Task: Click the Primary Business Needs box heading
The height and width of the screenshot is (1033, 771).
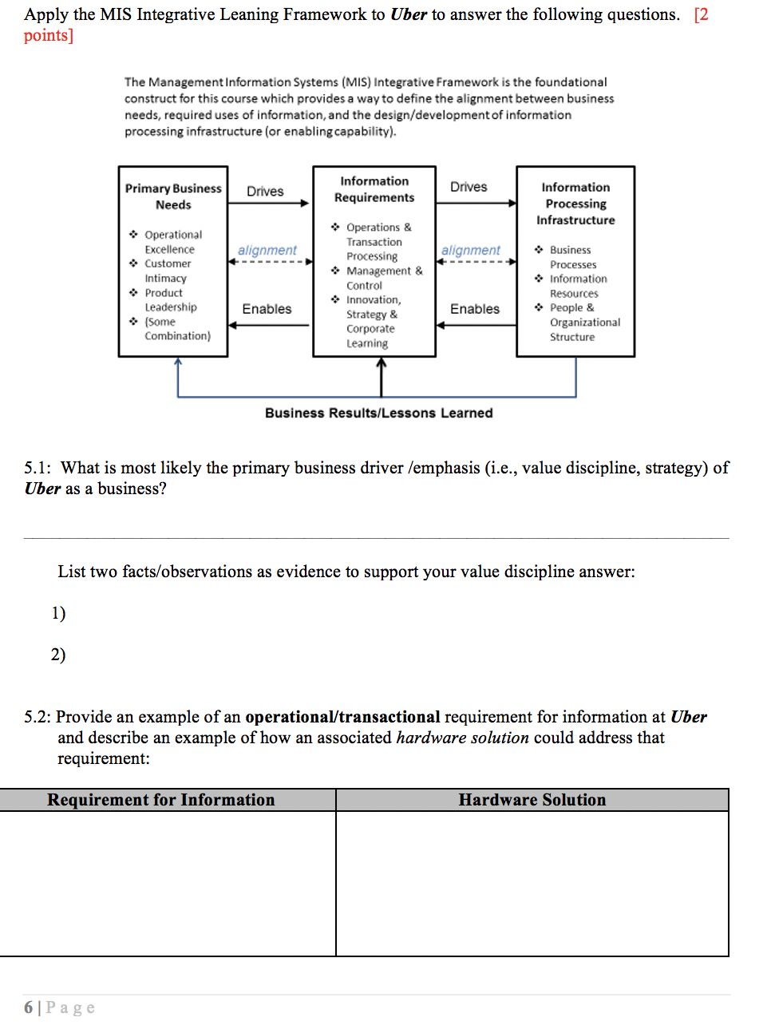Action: (173, 196)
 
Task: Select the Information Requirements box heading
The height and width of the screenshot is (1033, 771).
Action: (374, 189)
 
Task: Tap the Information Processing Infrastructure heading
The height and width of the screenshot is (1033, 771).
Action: (575, 204)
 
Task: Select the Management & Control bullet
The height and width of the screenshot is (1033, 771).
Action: (383, 278)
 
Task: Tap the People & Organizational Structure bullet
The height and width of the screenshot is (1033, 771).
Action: (583, 323)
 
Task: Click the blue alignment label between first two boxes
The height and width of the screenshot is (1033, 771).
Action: (267, 250)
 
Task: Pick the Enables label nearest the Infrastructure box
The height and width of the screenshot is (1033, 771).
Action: (475, 309)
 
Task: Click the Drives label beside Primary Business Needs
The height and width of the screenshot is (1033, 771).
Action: (265, 192)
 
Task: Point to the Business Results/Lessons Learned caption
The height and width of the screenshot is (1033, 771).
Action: (378, 413)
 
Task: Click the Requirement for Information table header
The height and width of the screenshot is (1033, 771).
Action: (160, 800)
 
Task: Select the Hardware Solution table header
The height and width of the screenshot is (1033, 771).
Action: (532, 800)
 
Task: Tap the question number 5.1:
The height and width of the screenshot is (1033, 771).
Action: (37, 468)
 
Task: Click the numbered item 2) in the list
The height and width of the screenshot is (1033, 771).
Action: (58, 655)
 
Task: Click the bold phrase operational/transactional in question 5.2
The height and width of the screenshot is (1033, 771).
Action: (342, 717)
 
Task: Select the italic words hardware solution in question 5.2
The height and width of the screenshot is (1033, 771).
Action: (462, 738)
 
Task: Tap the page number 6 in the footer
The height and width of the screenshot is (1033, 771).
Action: (29, 1007)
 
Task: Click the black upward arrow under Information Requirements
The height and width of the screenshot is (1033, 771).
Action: (382, 375)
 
